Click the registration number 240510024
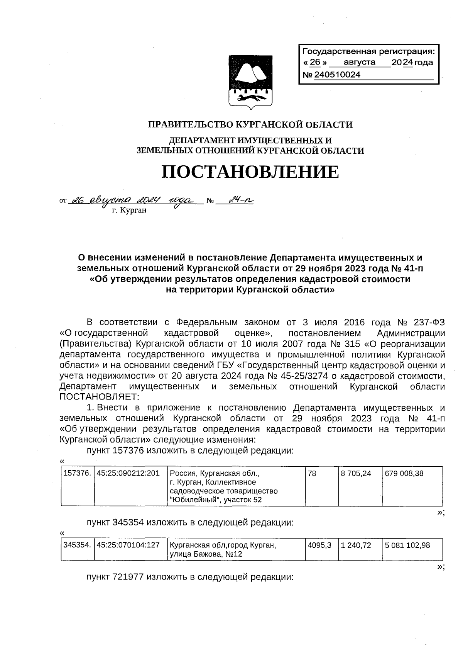(x=337, y=75)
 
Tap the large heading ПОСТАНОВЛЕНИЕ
(x=250, y=172)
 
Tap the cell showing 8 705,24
(x=356, y=473)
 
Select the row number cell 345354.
(x=77, y=545)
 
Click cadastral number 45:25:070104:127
(x=128, y=545)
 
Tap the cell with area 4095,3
(x=319, y=545)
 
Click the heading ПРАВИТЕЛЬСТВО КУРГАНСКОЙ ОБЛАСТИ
(x=250, y=125)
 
